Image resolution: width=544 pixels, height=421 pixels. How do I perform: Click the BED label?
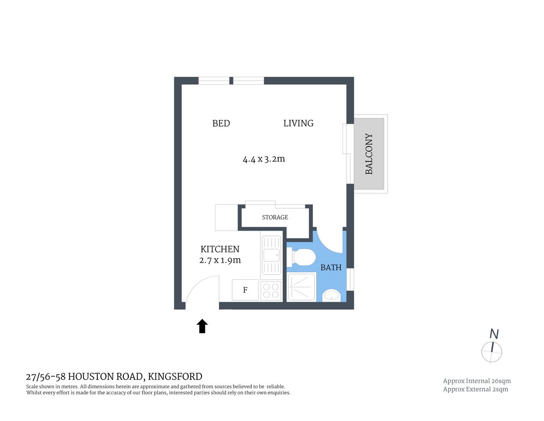coord(221,124)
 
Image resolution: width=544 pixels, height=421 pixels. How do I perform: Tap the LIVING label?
coord(298,124)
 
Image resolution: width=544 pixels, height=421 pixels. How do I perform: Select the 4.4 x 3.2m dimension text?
coord(264,159)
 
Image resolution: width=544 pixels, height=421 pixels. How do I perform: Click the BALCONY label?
coord(369,154)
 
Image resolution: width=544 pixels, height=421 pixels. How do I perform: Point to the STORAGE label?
coord(275,218)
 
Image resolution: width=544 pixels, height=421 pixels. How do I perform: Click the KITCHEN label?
coord(220,249)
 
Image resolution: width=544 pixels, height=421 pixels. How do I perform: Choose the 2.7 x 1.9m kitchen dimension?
coord(220,260)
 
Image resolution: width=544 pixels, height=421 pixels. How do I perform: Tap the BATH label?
coord(331,268)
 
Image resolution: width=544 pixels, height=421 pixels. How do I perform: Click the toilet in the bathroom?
coord(303,257)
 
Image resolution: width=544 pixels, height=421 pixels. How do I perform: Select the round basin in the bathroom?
coord(332,296)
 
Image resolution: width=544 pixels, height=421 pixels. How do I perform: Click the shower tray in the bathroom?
coord(302,287)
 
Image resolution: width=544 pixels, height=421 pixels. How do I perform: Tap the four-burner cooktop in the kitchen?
coord(271,291)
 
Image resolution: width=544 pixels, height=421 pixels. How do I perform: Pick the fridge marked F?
coord(245,290)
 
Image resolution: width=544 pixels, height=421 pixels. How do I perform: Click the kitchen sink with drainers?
coord(271,255)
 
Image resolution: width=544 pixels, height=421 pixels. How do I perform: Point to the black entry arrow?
coord(202,326)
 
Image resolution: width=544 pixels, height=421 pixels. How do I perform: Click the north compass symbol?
coord(492,351)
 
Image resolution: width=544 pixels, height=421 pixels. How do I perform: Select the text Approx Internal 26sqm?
coord(477,381)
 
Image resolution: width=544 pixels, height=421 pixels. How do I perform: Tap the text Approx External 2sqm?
coord(475,389)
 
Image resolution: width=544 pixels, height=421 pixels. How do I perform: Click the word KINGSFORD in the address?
coord(175,377)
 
